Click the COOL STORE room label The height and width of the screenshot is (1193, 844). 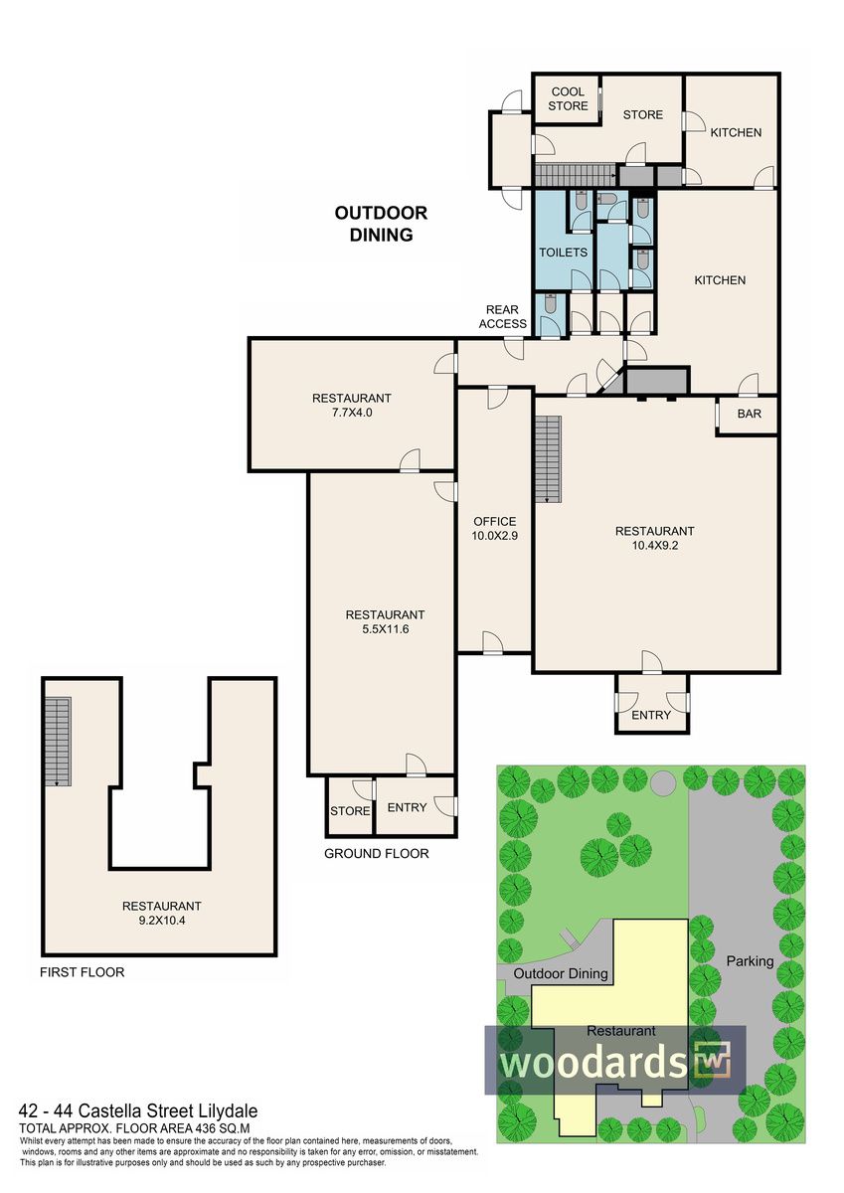568,99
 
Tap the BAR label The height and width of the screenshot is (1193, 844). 750,414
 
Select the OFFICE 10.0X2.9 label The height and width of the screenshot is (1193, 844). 495,528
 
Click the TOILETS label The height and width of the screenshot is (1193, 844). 563,253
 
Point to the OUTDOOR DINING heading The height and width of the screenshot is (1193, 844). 381,224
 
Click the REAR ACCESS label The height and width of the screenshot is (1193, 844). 502,317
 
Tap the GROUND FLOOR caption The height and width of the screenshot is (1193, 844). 377,854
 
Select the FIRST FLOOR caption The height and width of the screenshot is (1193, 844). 82,972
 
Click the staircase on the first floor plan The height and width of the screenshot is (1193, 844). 57,742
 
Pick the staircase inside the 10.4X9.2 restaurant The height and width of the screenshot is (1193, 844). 549,459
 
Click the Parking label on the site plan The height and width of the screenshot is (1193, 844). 750,961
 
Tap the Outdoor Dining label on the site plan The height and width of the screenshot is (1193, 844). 561,973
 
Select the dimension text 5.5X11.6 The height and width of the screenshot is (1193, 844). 385,629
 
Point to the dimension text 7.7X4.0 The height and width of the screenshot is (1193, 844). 352,412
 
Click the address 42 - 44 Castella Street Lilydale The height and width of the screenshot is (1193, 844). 138,1110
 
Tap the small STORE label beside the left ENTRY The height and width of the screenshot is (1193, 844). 350,811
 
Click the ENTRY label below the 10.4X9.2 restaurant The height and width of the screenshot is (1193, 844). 651,715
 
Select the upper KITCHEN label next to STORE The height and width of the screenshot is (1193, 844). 736,132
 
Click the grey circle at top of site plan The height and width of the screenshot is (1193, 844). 662,781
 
